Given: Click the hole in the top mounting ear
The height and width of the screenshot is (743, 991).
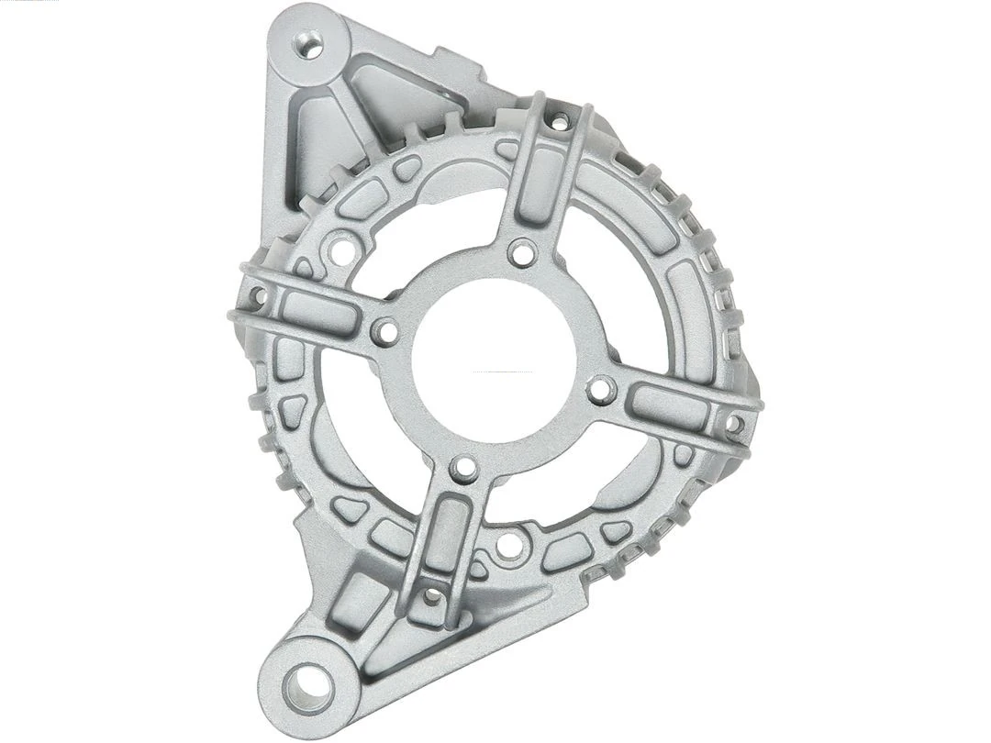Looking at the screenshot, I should pyautogui.click(x=309, y=44).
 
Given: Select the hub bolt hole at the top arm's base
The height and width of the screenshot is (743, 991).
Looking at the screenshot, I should pyautogui.click(x=522, y=252).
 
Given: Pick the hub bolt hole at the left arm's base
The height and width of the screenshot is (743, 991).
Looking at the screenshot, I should pyautogui.click(x=385, y=331).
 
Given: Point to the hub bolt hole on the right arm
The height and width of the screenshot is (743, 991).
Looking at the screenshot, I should pyautogui.click(x=601, y=390).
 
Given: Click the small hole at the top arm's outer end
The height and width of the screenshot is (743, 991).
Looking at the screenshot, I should pyautogui.click(x=559, y=120).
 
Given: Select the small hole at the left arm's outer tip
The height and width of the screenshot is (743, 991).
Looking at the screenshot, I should pyautogui.click(x=258, y=296).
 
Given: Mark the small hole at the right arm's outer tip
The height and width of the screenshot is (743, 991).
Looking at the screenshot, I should pyautogui.click(x=734, y=424).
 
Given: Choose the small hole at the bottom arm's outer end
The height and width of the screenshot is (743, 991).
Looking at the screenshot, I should pyautogui.click(x=431, y=596).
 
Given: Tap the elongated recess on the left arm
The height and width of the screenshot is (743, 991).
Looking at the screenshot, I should pyautogui.click(x=318, y=313).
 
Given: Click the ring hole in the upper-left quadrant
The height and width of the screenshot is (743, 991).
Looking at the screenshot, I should pyautogui.click(x=343, y=249).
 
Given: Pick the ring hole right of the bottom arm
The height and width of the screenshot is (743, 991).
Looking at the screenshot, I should pyautogui.click(x=509, y=546).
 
